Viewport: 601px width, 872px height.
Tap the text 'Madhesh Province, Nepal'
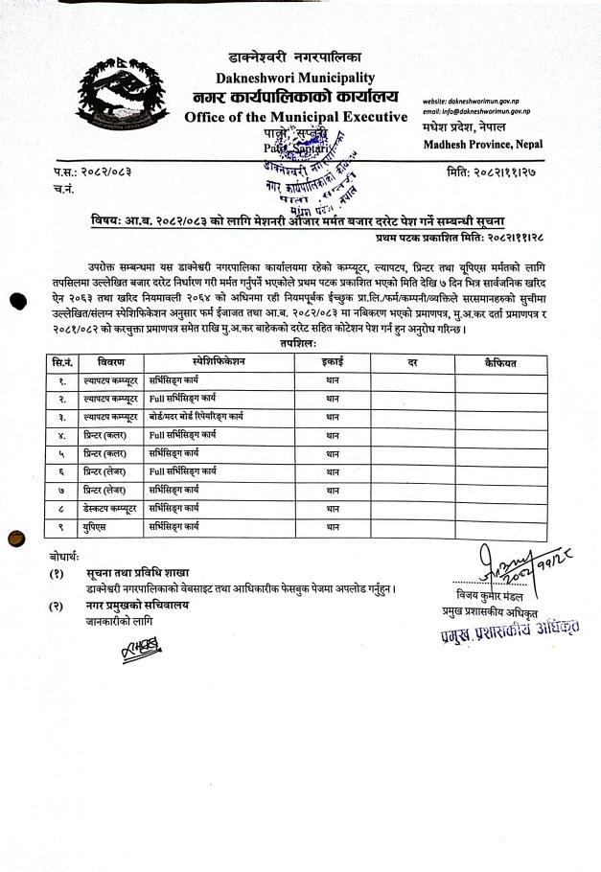tap(482, 144)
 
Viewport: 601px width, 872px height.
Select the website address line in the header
tap(476, 101)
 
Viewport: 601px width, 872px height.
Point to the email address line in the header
tap(476, 112)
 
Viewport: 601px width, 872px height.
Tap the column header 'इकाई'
tap(332, 364)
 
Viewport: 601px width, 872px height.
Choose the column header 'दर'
tap(411, 364)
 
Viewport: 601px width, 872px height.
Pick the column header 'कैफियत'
tap(499, 364)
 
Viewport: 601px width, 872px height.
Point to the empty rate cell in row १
tap(411, 381)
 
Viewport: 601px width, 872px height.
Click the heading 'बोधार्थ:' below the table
tap(66, 556)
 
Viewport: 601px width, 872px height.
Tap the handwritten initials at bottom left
tap(138, 653)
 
